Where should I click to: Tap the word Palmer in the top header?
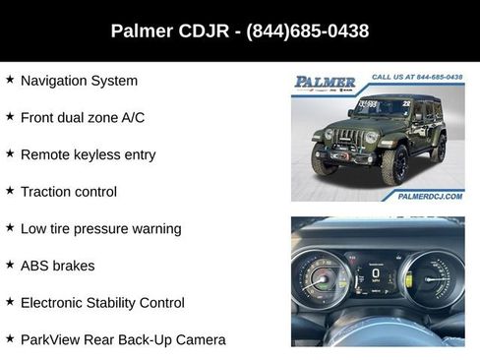tap(142, 31)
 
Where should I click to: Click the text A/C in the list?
tap(131, 118)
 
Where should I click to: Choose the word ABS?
tap(34, 266)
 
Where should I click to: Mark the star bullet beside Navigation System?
tap(10, 80)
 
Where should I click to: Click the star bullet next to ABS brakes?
tap(10, 265)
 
